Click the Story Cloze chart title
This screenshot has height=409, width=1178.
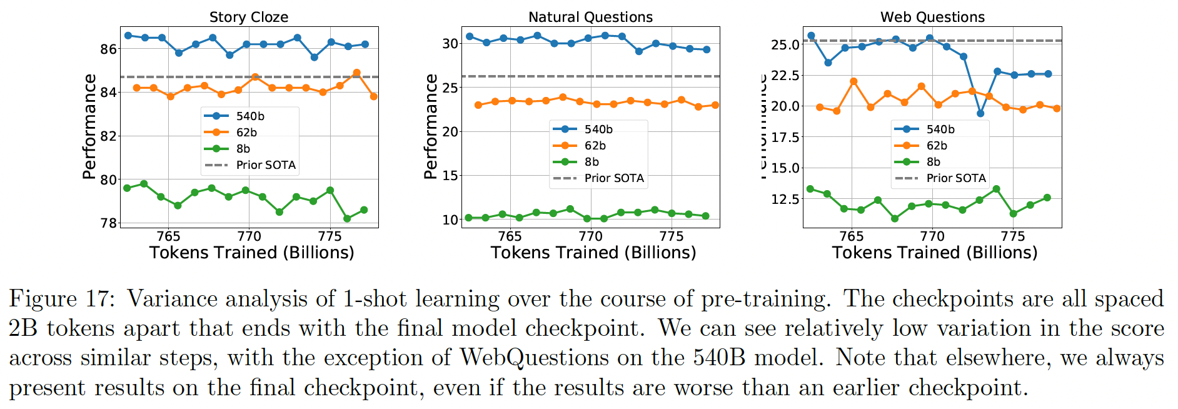pyautogui.click(x=248, y=17)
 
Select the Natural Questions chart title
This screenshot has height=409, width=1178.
pyautogui.click(x=590, y=17)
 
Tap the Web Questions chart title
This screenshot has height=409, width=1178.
pyautogui.click(x=932, y=17)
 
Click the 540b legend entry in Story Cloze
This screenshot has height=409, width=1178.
pyautogui.click(x=249, y=116)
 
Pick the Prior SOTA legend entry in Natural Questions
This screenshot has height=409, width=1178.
pyautogui.click(x=613, y=178)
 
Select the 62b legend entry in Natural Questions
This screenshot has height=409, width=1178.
pyautogui.click(x=595, y=146)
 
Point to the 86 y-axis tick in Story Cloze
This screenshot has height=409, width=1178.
pyautogui.click(x=108, y=49)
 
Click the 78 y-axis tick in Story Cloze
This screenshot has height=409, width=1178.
pyautogui.click(x=108, y=223)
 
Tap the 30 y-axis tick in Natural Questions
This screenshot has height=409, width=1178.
pyautogui.click(x=450, y=44)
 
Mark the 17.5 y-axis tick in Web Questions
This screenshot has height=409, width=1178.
pyautogui.click(x=785, y=138)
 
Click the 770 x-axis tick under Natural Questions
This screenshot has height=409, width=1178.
pyautogui.click(x=590, y=236)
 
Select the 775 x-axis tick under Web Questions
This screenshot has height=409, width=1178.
pyautogui.click(x=1013, y=236)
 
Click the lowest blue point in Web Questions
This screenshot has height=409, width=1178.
pyautogui.click(x=980, y=114)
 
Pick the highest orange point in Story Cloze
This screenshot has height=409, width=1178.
pyautogui.click(x=356, y=73)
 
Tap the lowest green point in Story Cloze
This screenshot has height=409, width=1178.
pyautogui.click(x=347, y=218)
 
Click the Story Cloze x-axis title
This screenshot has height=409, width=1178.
pyautogui.click(x=251, y=253)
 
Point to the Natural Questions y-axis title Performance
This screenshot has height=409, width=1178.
pyautogui.click(x=430, y=126)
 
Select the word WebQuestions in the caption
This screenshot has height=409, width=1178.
pyautogui.click(x=534, y=358)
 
